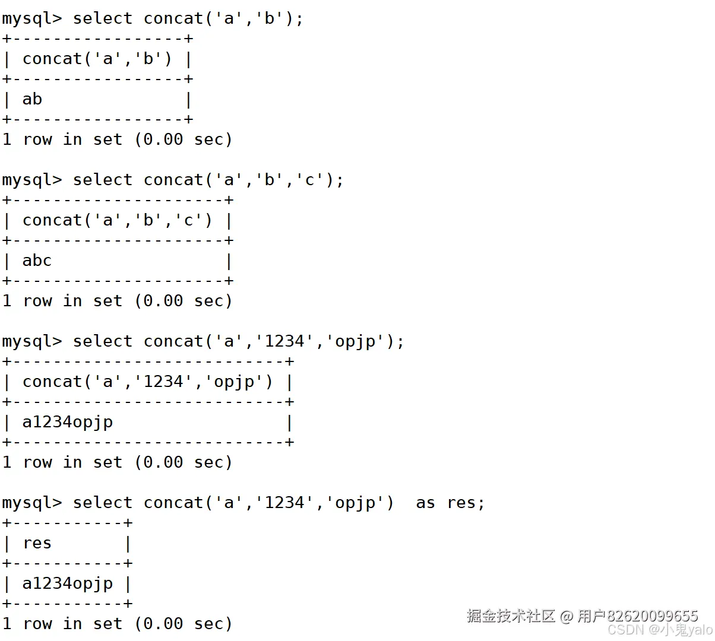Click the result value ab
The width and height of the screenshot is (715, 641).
point(32,99)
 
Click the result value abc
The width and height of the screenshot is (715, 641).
point(37,261)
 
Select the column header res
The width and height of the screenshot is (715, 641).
point(37,543)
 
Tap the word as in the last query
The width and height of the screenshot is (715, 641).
point(425,503)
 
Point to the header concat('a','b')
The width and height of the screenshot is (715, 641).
point(97,59)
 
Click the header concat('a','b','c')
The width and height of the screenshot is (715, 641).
point(117,220)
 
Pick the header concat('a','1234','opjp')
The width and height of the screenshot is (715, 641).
point(147,382)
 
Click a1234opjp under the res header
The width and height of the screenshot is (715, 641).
point(67,583)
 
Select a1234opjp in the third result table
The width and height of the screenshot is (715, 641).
point(67,422)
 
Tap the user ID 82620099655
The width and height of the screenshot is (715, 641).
point(652,615)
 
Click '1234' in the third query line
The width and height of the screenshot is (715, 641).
point(284,341)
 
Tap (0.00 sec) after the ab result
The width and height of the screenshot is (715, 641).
point(183,139)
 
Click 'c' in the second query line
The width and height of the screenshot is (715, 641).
point(309,180)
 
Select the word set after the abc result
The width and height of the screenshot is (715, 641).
point(107,301)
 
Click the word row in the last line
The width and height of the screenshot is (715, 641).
point(37,624)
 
